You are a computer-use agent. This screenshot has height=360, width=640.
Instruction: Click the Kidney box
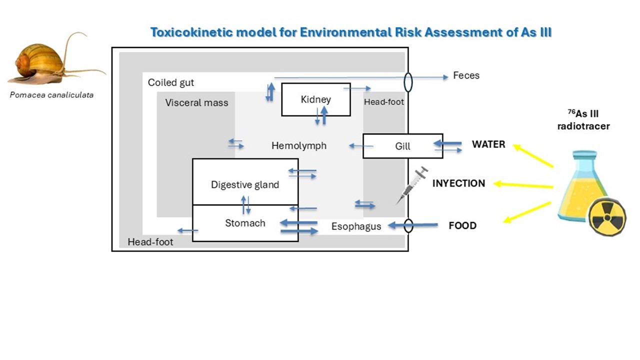tap(315, 99)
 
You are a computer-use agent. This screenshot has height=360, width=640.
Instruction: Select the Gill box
tap(402, 146)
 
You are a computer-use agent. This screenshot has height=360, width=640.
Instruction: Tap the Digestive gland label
tap(245, 184)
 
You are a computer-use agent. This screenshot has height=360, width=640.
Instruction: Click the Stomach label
tap(245, 223)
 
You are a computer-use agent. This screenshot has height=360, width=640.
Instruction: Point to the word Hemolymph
tap(299, 146)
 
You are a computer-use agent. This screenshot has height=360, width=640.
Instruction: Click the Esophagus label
tap(356, 226)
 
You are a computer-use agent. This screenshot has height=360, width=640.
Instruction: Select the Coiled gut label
tap(171, 82)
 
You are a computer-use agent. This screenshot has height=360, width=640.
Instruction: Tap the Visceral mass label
tap(196, 103)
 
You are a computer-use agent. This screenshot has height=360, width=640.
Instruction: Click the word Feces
tap(466, 75)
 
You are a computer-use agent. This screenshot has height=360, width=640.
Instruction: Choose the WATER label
tap(488, 144)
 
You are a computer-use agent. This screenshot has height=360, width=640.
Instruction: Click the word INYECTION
tap(458, 183)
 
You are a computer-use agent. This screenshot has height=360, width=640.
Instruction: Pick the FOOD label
tap(462, 225)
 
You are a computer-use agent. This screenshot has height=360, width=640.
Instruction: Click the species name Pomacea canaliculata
tap(51, 94)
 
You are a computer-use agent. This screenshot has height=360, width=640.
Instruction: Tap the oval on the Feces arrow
tap(408, 82)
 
